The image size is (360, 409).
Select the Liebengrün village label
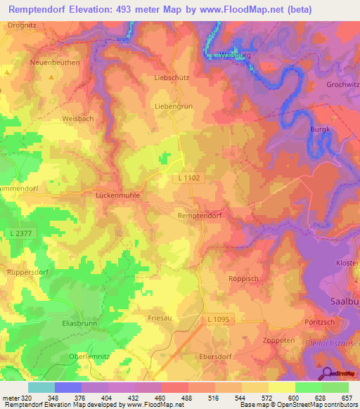173,105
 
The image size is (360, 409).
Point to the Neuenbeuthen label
55,63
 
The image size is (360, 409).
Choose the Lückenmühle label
117,196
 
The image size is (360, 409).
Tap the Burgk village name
320,129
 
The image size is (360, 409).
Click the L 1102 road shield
189,178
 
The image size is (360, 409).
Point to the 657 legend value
347,398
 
